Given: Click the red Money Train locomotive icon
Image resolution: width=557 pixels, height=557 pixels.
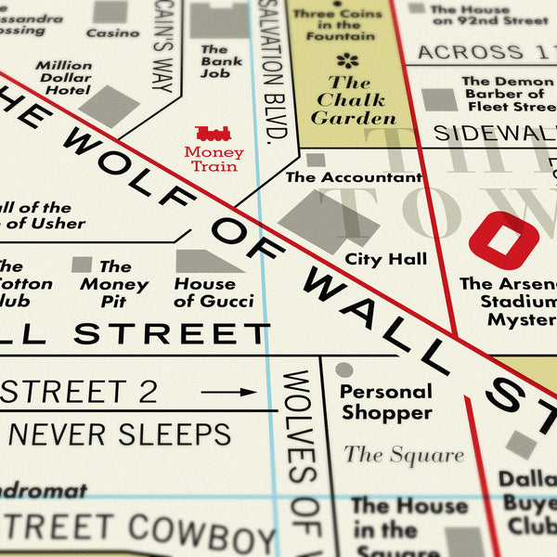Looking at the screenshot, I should (x=214, y=135).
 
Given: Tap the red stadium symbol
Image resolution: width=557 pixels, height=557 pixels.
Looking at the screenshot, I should (x=503, y=240).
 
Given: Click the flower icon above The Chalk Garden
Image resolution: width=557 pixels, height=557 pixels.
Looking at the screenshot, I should (x=347, y=61).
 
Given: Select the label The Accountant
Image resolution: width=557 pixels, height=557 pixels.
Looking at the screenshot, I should (x=353, y=176).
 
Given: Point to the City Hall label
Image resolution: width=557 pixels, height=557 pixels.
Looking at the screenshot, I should (x=386, y=259).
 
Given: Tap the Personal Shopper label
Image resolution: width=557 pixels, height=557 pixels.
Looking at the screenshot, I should (x=385, y=402).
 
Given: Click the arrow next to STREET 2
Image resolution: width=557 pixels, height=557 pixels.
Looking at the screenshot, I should (x=227, y=392).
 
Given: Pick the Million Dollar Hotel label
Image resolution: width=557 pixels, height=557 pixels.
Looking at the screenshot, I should (x=64, y=79).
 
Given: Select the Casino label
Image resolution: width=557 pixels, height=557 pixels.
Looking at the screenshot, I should (x=112, y=32).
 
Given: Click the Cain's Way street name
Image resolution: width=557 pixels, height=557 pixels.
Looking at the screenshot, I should (x=162, y=46).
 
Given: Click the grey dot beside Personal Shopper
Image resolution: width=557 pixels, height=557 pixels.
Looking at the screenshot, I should (x=344, y=369).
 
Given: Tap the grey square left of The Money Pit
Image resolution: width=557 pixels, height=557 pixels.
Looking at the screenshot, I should (x=82, y=265).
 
